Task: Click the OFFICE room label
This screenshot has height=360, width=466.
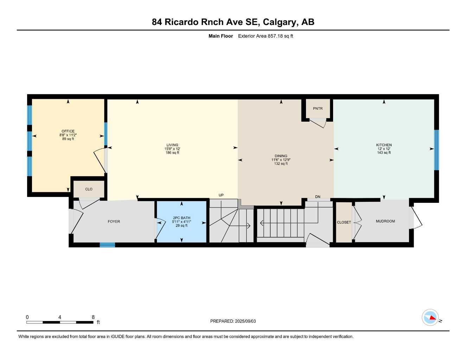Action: point(68,131)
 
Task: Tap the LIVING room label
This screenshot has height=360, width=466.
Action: point(172,145)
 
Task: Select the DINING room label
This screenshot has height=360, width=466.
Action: point(281,156)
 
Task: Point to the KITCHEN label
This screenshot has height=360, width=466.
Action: point(384,145)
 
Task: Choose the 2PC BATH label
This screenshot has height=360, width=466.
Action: point(181,218)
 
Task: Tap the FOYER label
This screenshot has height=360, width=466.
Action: point(114,221)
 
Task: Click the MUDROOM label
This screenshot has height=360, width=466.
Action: point(385,221)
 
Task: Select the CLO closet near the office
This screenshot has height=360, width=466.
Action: point(89,189)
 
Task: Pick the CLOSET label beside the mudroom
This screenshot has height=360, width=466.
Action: point(344,222)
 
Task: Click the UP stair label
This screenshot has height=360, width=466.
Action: point(221,195)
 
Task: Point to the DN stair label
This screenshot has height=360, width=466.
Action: point(318,197)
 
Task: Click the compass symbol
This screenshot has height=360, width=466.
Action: point(430,317)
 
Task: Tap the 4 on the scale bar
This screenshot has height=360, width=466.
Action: point(60,317)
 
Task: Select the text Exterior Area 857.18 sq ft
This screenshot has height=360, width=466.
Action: point(266,36)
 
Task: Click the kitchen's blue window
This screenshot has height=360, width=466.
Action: point(436,150)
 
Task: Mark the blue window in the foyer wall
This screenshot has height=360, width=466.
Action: point(107,245)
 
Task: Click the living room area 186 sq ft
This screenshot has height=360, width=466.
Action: point(172,153)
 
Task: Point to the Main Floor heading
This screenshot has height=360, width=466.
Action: point(221,36)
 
